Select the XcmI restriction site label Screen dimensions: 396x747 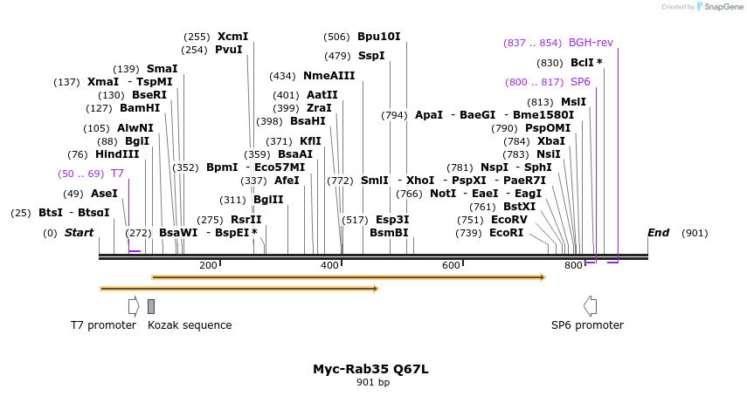pyautogui.click(x=233, y=37)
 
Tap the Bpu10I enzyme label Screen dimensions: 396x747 pyautogui.click(x=378, y=37)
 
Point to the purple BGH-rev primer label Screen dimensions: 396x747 pyautogui.click(x=591, y=43)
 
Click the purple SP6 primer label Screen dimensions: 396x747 pyautogui.click(x=580, y=82)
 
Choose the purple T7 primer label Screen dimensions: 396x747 pyautogui.click(x=117, y=174)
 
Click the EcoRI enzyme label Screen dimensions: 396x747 pyautogui.click(x=507, y=233)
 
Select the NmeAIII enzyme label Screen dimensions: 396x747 pyautogui.click(x=329, y=76)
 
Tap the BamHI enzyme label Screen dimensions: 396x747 pyautogui.click(x=140, y=108)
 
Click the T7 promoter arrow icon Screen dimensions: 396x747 pyautogui.click(x=134, y=305)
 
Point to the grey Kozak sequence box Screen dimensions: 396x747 pyautogui.click(x=151, y=306)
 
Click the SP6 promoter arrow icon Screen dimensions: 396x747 pyautogui.click(x=591, y=305)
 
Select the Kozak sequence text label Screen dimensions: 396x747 pyautogui.click(x=190, y=325)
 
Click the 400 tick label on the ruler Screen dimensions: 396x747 pyautogui.click(x=330, y=265)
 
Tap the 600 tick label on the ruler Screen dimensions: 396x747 pyautogui.click(x=451, y=265)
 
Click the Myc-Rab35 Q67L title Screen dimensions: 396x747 pyautogui.click(x=370, y=369)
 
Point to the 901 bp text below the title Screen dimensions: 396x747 pyautogui.click(x=373, y=383)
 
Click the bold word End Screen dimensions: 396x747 pyautogui.click(x=658, y=233)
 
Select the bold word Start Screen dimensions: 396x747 pyautogui.click(x=79, y=233)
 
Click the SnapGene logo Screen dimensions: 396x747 pyautogui.click(x=718, y=6)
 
